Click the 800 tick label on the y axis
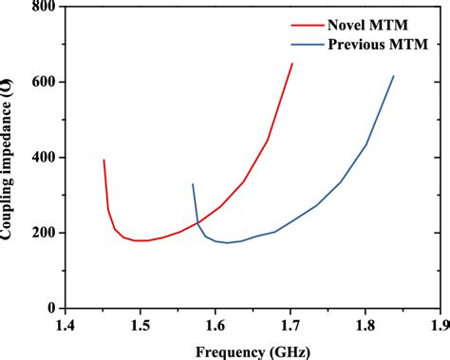click(x=41, y=8)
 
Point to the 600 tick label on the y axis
click(x=41, y=83)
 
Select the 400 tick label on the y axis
click(x=41, y=158)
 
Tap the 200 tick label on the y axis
click(x=41, y=233)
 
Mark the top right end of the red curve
click(x=292, y=64)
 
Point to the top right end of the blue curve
click(x=394, y=76)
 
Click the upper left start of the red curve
click(x=103, y=160)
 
